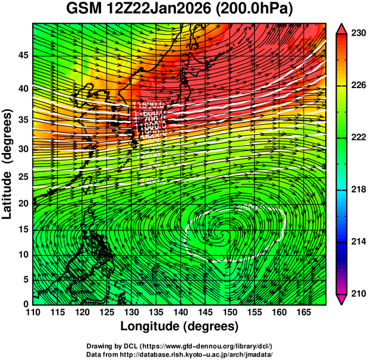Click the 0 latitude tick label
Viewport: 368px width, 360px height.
tap(25, 304)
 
